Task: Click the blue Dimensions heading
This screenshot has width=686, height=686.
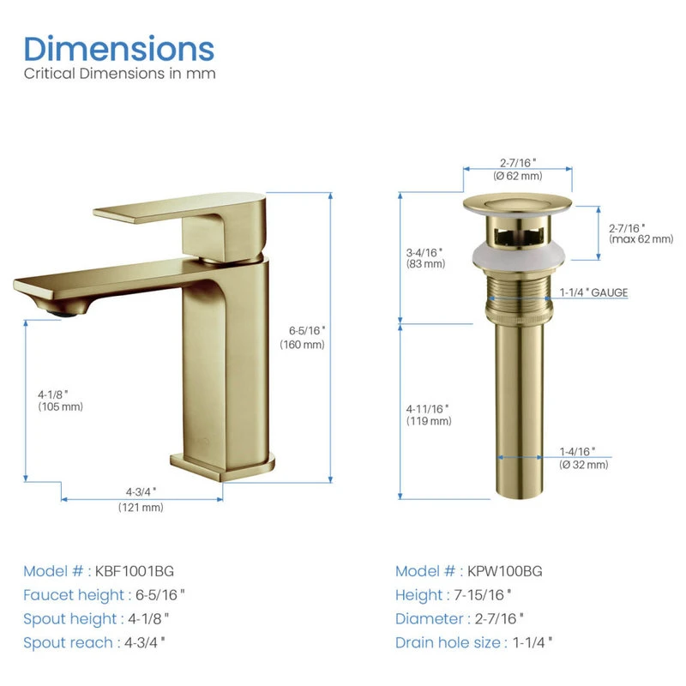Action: [119, 49]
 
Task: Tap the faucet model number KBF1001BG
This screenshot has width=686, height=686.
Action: [135, 571]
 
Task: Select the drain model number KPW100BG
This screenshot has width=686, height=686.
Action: [504, 571]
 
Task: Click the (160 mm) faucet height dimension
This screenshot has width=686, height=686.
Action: [303, 345]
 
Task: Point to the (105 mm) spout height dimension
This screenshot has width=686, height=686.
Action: [60, 406]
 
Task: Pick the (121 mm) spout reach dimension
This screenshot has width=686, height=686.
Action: [141, 508]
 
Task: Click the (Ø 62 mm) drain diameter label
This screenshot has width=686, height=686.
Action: [518, 176]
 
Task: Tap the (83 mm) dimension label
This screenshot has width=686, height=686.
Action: [425, 264]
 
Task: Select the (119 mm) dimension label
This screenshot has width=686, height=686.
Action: [429, 421]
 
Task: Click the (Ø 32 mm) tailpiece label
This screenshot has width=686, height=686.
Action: [584, 465]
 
